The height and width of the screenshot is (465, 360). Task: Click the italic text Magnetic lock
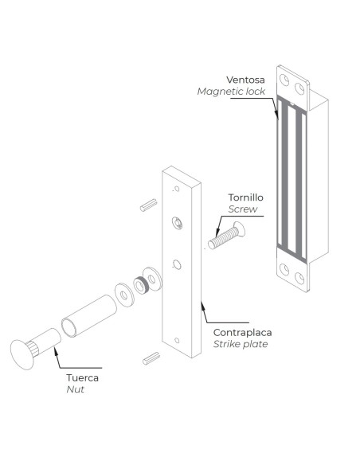coord(231,92)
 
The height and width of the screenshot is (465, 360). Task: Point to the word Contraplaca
coord(241,331)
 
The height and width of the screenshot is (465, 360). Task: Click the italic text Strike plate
coord(241,344)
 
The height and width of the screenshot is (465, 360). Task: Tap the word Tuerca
coord(82,378)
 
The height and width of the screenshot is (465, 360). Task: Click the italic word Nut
coord(75,391)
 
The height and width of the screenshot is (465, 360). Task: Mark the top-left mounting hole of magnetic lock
coord(283,78)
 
